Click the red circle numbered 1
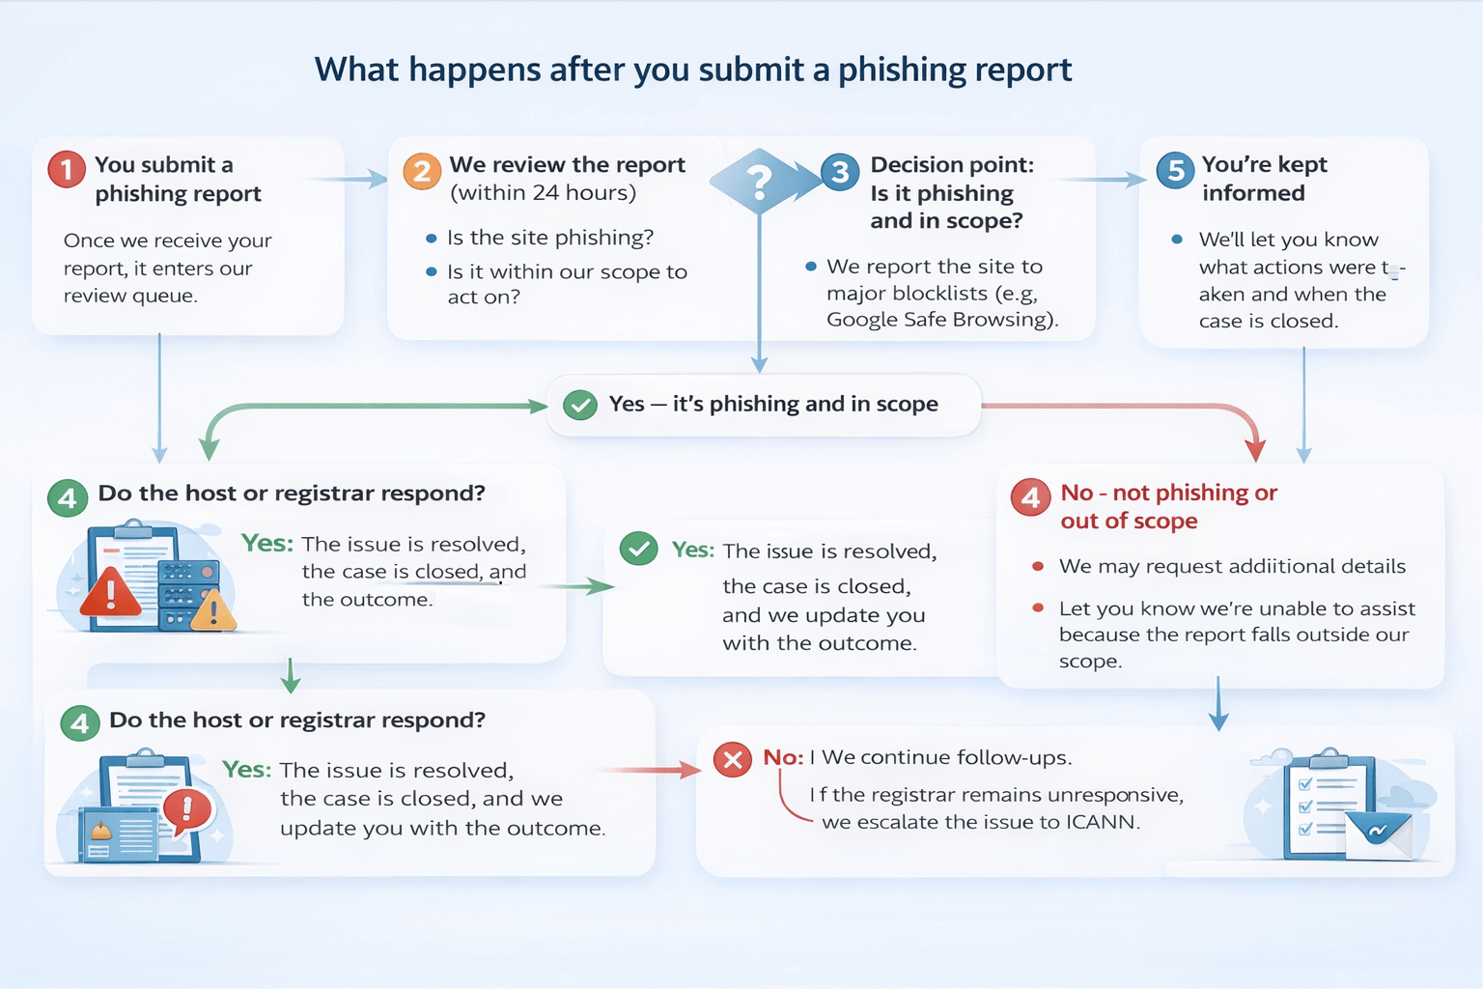point(67,170)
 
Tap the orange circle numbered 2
point(422,172)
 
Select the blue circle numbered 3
point(840,172)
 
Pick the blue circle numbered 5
point(1175,171)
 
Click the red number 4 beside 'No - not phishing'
point(1030,497)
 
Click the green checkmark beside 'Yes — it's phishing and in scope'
point(579,405)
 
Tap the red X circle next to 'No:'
point(733,760)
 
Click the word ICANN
point(1102,823)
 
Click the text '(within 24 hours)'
point(544,193)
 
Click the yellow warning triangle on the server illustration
point(214,611)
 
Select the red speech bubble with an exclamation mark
point(187,809)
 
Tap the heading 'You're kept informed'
point(1264,179)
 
